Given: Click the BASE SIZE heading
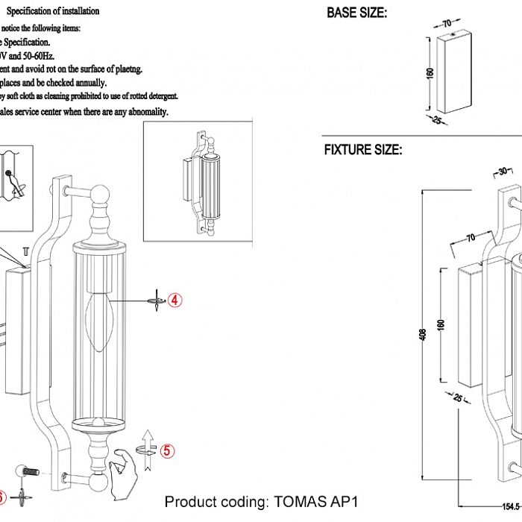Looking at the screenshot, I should click(357, 13).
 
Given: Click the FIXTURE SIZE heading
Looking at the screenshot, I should click(363, 150).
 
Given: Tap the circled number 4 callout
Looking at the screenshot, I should click(174, 300).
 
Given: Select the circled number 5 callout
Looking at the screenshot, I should click(167, 450).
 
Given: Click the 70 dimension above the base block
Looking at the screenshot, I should click(447, 23).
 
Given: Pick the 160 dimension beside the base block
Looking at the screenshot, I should click(430, 75).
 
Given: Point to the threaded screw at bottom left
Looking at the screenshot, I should click(29, 471).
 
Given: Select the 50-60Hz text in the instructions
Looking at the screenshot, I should click(37, 55).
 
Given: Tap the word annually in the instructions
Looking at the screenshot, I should click(88, 84).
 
